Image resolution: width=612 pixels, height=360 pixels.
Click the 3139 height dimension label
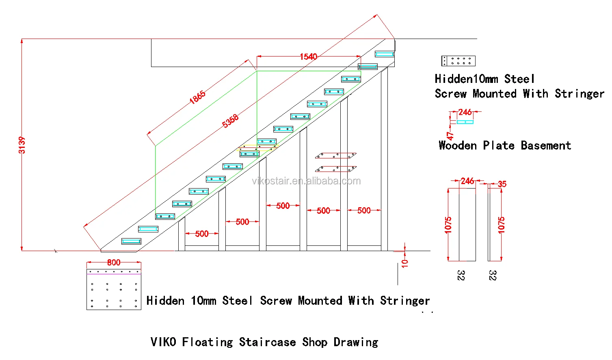tap(22, 145)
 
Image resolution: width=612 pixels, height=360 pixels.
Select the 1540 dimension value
tap(308, 56)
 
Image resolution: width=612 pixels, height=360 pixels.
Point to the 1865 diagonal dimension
tap(197, 98)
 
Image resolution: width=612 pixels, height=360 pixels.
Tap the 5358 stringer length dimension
tap(230, 121)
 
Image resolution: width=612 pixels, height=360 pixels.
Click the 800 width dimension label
tap(114, 262)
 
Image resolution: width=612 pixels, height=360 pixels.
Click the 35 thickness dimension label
tap(502, 184)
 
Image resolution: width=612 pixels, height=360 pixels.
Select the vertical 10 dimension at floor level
tap(404, 263)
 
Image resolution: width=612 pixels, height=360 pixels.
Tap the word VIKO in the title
tap(163, 342)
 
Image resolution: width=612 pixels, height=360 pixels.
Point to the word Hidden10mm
tap(466, 79)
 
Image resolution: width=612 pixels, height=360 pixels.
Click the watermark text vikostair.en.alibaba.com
tap(306, 181)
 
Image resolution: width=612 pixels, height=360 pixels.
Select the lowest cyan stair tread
tap(131, 241)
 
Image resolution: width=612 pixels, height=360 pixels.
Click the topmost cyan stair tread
tap(384, 54)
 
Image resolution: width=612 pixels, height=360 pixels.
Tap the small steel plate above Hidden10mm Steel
tap(458, 61)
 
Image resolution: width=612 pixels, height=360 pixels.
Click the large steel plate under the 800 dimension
tap(114, 289)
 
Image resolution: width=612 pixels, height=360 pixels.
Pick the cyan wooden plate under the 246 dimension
tap(465, 122)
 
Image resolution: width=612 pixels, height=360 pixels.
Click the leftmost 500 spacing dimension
tap(202, 234)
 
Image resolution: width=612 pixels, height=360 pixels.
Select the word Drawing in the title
tap(356, 342)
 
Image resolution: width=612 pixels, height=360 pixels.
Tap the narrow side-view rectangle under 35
tap(489, 224)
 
